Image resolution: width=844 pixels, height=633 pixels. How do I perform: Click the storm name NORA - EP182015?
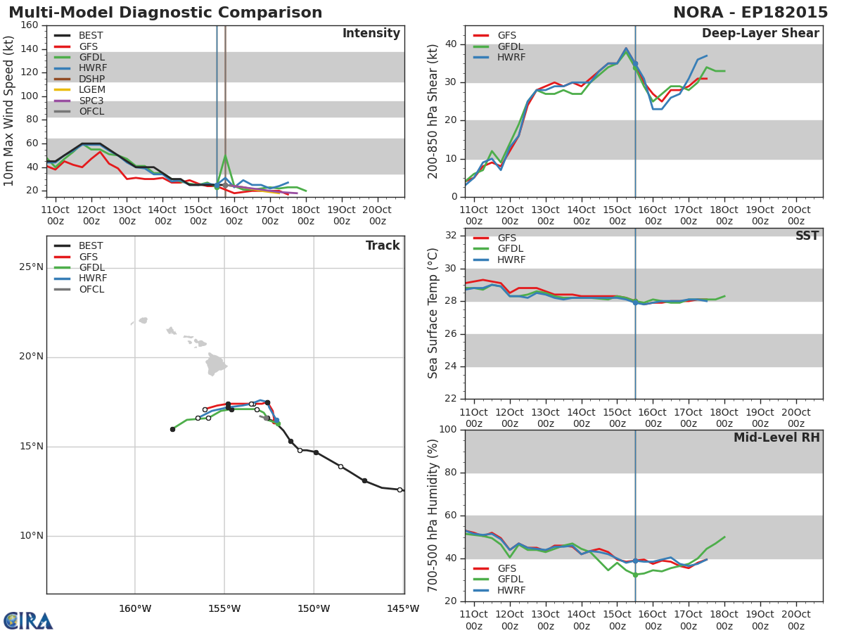(x=750, y=12)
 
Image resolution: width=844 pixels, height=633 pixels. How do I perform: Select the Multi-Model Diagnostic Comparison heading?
(x=165, y=12)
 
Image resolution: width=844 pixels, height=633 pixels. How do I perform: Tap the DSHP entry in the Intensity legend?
(x=79, y=79)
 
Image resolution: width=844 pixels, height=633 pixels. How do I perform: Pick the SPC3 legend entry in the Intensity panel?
(x=79, y=101)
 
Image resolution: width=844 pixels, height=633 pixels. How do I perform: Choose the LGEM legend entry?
(x=79, y=89)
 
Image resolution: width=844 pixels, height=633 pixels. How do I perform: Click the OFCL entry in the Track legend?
(x=79, y=289)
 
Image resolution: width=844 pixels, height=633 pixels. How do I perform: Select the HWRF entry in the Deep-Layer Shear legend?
(x=499, y=57)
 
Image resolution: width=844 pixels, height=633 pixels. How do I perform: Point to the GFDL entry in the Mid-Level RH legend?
(x=498, y=579)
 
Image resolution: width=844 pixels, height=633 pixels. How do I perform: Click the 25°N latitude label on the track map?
(x=31, y=267)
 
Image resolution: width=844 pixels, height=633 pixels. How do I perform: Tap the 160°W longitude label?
(x=135, y=609)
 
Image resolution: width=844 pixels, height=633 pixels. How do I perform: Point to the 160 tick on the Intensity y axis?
(x=30, y=25)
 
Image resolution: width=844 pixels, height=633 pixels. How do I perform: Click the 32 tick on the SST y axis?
(x=451, y=235)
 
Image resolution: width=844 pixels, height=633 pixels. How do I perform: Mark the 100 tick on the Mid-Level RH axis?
(x=448, y=429)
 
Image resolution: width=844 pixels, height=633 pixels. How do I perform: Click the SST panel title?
(x=807, y=236)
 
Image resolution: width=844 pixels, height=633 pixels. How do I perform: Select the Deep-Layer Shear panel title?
(x=760, y=34)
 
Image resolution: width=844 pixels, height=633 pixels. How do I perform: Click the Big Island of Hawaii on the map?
(x=216, y=364)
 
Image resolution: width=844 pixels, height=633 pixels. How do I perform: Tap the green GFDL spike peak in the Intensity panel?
(x=225, y=155)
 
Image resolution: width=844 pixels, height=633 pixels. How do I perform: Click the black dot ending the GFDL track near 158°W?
(x=172, y=429)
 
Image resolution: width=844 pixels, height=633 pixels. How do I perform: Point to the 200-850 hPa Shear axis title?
(x=433, y=111)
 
